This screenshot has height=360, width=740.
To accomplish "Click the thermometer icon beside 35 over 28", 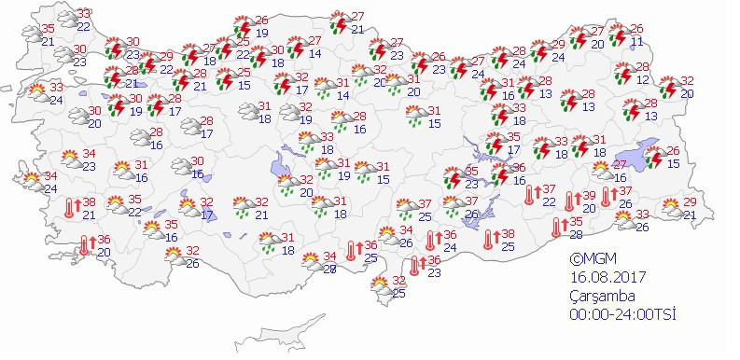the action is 557,228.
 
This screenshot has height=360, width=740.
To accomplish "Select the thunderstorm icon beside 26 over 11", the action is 618,35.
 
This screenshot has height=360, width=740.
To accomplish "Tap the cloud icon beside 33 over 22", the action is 64,19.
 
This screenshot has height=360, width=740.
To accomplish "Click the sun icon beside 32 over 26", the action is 170,256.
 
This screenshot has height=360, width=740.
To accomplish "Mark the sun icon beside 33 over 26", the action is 618,220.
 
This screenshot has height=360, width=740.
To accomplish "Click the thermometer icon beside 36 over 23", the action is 413,266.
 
